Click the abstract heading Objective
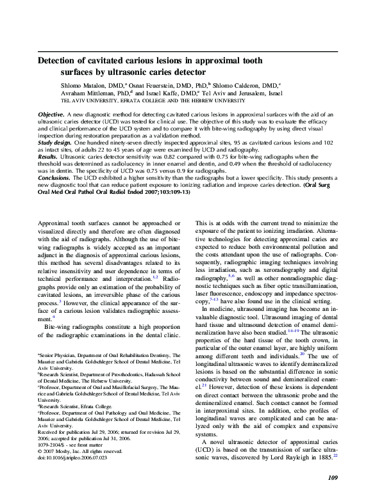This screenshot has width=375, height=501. tap(51, 113)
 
